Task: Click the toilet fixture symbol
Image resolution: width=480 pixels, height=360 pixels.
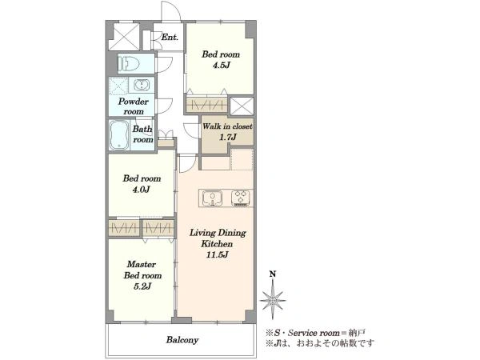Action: (129, 64)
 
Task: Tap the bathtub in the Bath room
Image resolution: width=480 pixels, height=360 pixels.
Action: (119, 135)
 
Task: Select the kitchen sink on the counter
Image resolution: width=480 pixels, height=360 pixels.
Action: (212, 198)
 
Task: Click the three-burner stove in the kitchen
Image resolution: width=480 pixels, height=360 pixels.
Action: (241, 198)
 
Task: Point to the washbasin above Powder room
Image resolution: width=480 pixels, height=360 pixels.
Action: (142, 85)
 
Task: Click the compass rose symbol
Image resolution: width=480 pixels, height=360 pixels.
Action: (273, 300)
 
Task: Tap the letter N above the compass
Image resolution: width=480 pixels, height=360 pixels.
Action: (273, 274)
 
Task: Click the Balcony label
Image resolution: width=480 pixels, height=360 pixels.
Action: (182, 340)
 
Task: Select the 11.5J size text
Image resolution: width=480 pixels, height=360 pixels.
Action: (217, 254)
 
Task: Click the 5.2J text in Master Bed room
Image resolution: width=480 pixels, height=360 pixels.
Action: (142, 286)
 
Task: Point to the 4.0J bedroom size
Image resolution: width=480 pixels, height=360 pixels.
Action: (141, 190)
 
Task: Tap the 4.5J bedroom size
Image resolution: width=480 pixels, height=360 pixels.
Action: (221, 66)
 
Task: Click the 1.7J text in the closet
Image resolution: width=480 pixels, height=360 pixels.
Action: (227, 137)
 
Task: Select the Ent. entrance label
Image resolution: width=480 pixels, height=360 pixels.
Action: (170, 38)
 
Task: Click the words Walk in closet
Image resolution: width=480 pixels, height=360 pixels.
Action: (227, 126)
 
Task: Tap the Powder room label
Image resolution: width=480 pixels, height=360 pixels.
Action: (133, 106)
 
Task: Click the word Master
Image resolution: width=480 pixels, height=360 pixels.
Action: (142, 264)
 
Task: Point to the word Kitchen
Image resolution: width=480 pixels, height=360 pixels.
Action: (217, 244)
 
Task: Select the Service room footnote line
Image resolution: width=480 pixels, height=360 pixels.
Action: (315, 333)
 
